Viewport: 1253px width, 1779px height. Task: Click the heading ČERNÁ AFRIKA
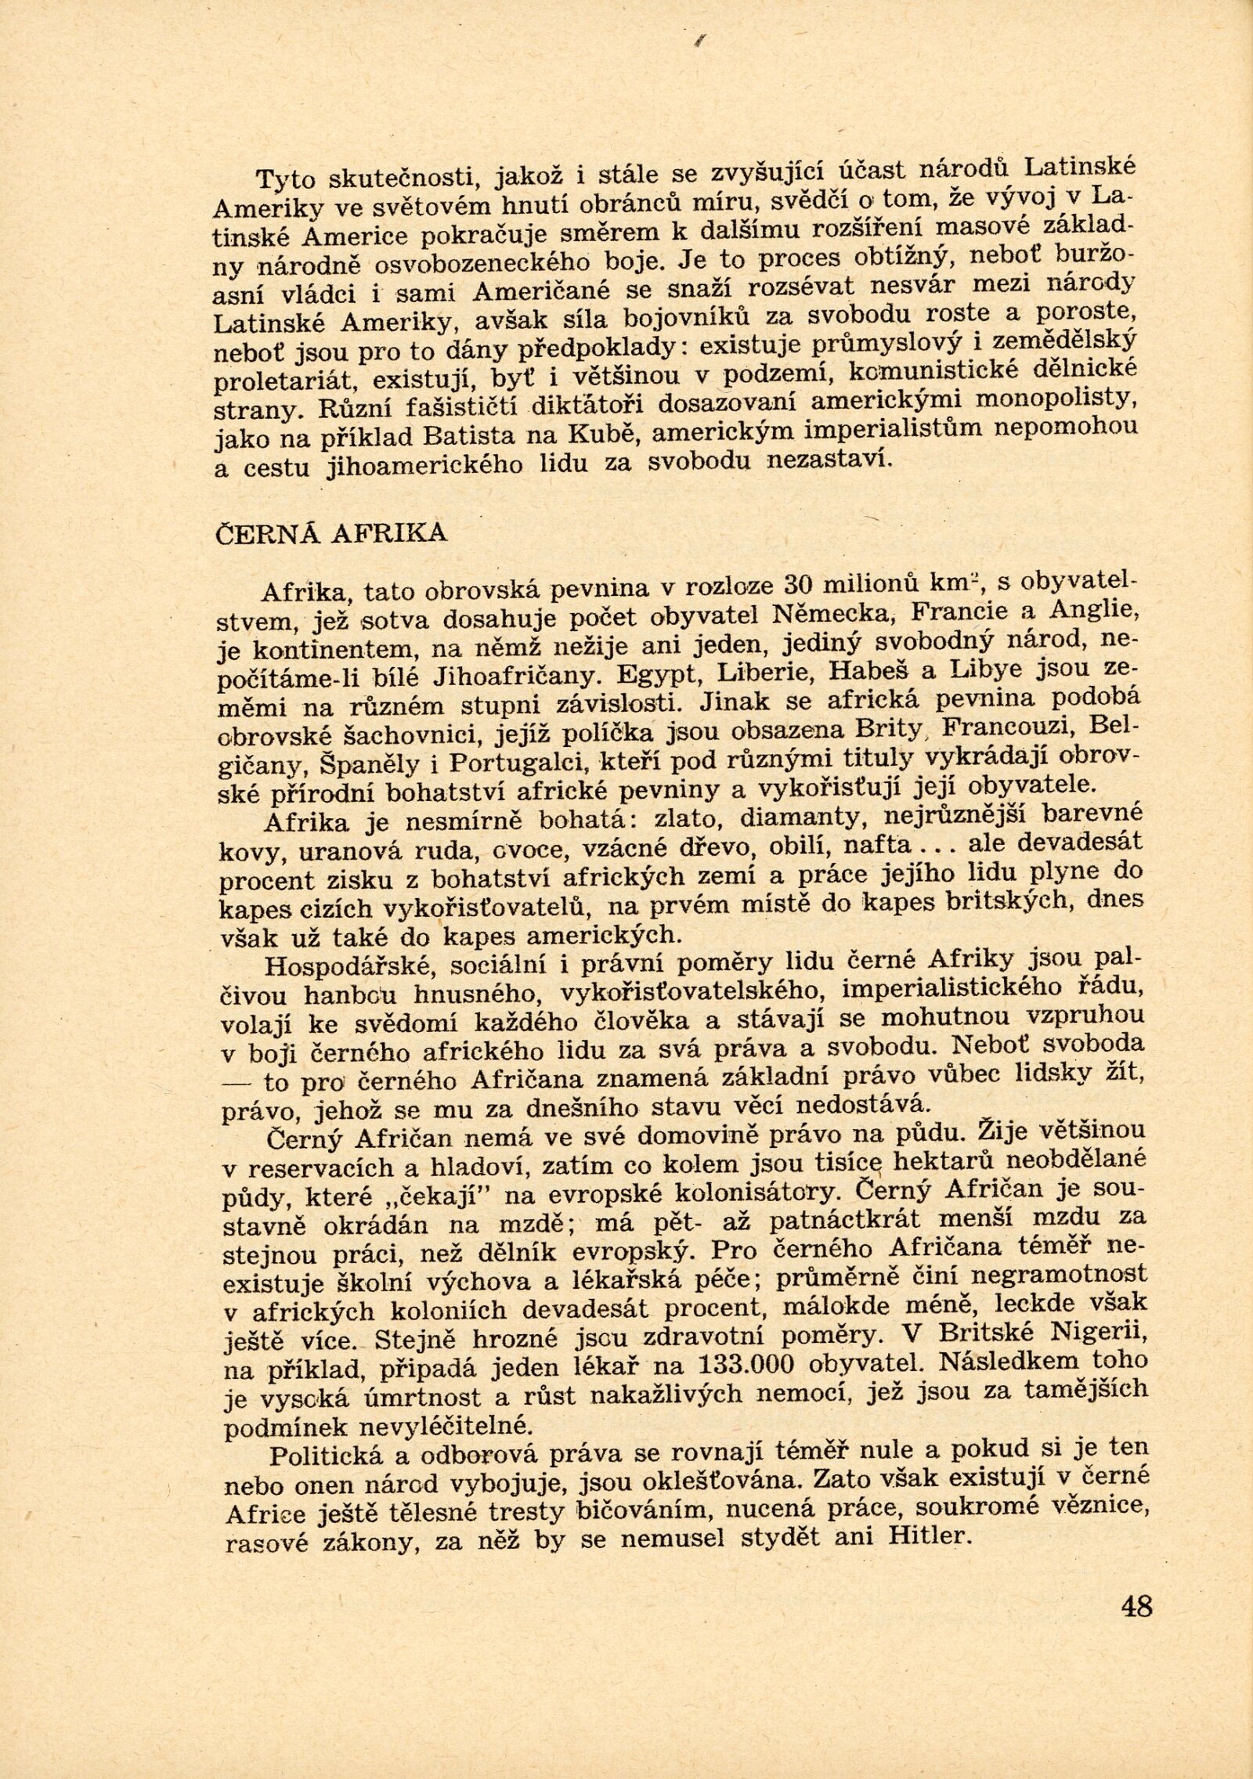(330, 532)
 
